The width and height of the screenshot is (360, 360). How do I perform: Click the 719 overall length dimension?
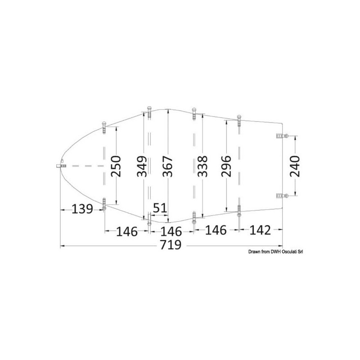point(171,245)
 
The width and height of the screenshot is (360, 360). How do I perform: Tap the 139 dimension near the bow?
point(82,209)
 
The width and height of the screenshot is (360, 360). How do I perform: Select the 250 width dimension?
point(116,166)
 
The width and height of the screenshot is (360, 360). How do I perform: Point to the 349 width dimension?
point(142,166)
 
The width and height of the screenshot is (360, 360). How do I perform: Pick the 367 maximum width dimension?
point(167,166)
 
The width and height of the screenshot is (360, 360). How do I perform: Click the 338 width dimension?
point(202,166)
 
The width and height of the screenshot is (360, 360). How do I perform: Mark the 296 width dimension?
point(226,166)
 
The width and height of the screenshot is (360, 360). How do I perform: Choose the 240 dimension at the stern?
point(295,166)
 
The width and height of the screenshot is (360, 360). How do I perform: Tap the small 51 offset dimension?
point(160,208)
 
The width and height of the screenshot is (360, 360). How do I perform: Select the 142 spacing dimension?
point(260,230)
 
